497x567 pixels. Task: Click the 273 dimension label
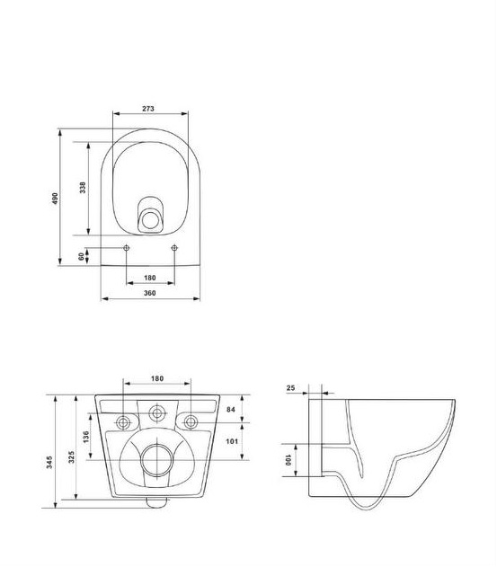[148, 109]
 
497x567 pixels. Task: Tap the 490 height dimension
[55, 199]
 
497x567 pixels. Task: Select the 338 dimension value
[83, 188]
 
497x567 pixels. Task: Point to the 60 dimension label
[81, 256]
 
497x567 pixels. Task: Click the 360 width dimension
[150, 293]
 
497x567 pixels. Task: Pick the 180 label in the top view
[150, 278]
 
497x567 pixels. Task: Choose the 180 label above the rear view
[157, 378]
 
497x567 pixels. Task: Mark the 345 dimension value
[49, 462]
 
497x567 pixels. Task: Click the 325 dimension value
[71, 457]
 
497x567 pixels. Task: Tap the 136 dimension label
[85, 437]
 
